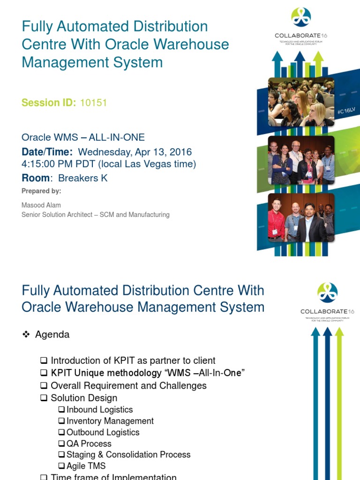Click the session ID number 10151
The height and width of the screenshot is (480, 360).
pos(93,103)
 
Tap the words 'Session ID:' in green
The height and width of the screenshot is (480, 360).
pos(49,103)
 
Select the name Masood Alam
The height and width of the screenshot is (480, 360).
pos(41,205)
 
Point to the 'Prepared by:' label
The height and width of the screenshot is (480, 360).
pos(41,191)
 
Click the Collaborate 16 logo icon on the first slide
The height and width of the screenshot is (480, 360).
pos(301,17)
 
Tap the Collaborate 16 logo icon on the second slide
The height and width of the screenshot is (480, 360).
pos(327,292)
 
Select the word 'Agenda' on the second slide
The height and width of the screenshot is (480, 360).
pos(52,335)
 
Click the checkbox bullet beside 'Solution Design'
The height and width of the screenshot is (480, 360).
pos(44,398)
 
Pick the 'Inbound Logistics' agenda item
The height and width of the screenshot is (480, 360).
pos(99,410)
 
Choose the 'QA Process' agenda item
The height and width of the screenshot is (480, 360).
pos(89,443)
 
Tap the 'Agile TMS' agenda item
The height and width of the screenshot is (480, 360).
pos(86,466)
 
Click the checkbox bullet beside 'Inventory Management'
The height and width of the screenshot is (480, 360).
pos(61,421)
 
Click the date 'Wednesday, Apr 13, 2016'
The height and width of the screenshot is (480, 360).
pos(135,152)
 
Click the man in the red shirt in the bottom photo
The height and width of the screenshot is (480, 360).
pos(277,218)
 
